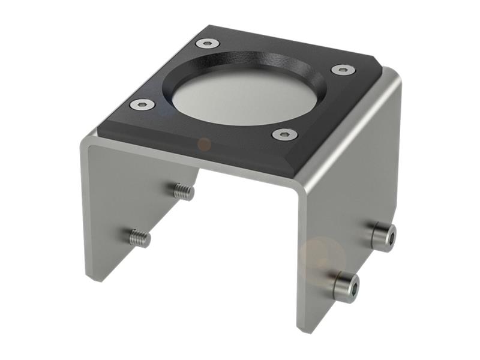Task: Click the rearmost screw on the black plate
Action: tap(208, 43)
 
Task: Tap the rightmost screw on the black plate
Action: tap(343, 70)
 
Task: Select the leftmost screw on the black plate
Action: tap(142, 105)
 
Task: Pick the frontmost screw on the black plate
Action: tap(284, 134)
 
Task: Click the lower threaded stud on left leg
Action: tap(140, 238)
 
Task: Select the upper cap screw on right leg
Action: tap(383, 236)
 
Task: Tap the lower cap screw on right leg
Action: tap(346, 286)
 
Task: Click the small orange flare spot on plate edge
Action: tap(204, 144)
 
